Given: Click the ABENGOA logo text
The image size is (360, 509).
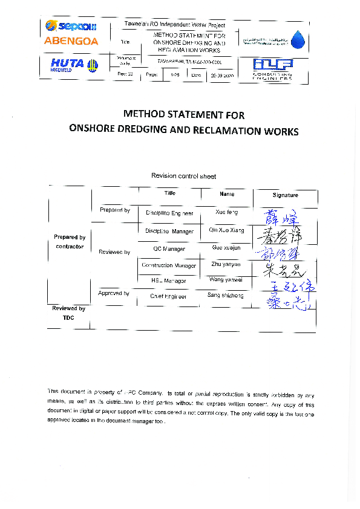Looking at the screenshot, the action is click(x=71, y=41).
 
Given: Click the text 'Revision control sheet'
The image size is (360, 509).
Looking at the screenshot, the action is click(x=183, y=176).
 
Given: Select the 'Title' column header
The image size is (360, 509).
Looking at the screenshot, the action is click(x=169, y=193).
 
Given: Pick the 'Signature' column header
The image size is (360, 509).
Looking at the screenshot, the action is click(x=285, y=195).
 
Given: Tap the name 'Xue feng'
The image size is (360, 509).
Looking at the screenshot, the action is click(x=227, y=213).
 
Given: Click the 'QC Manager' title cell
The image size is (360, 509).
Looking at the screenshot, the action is click(x=169, y=248).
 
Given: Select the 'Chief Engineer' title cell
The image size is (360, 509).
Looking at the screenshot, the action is click(x=169, y=297).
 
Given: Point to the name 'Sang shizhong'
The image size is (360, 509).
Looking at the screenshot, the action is click(x=225, y=296).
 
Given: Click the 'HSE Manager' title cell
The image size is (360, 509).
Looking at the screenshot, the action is click(x=169, y=280).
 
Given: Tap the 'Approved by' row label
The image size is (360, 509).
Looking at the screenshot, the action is click(x=114, y=294).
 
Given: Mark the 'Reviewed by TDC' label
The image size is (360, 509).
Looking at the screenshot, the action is click(x=68, y=313).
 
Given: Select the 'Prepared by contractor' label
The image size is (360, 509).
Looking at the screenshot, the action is click(x=70, y=242).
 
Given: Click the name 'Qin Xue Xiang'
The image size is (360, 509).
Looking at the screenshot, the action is click(x=226, y=231).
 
